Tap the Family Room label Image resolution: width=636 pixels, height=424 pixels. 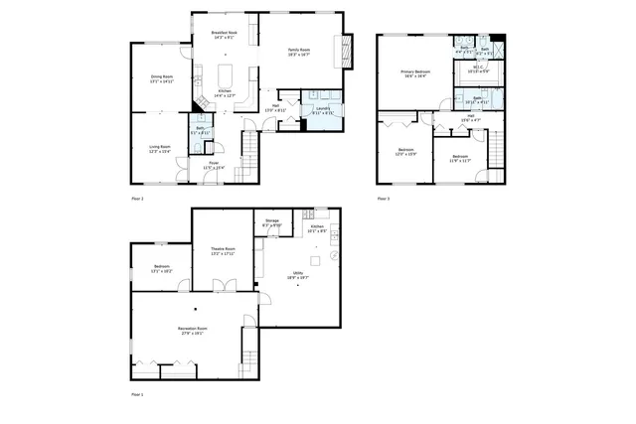click(x=299, y=52)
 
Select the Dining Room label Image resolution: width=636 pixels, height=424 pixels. click(x=161, y=78)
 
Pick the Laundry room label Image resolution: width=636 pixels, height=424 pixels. click(x=323, y=111)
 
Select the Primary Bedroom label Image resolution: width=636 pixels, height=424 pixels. click(x=414, y=73)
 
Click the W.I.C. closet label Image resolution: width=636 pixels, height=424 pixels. click(x=478, y=70)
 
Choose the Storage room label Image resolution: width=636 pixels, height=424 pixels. click(x=271, y=223)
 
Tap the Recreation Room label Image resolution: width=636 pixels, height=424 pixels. click(x=193, y=331)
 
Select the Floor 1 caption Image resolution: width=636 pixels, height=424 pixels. click(x=138, y=394)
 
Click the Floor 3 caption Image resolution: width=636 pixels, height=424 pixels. click(x=384, y=199)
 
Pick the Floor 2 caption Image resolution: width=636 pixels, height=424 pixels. click(x=138, y=199)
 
